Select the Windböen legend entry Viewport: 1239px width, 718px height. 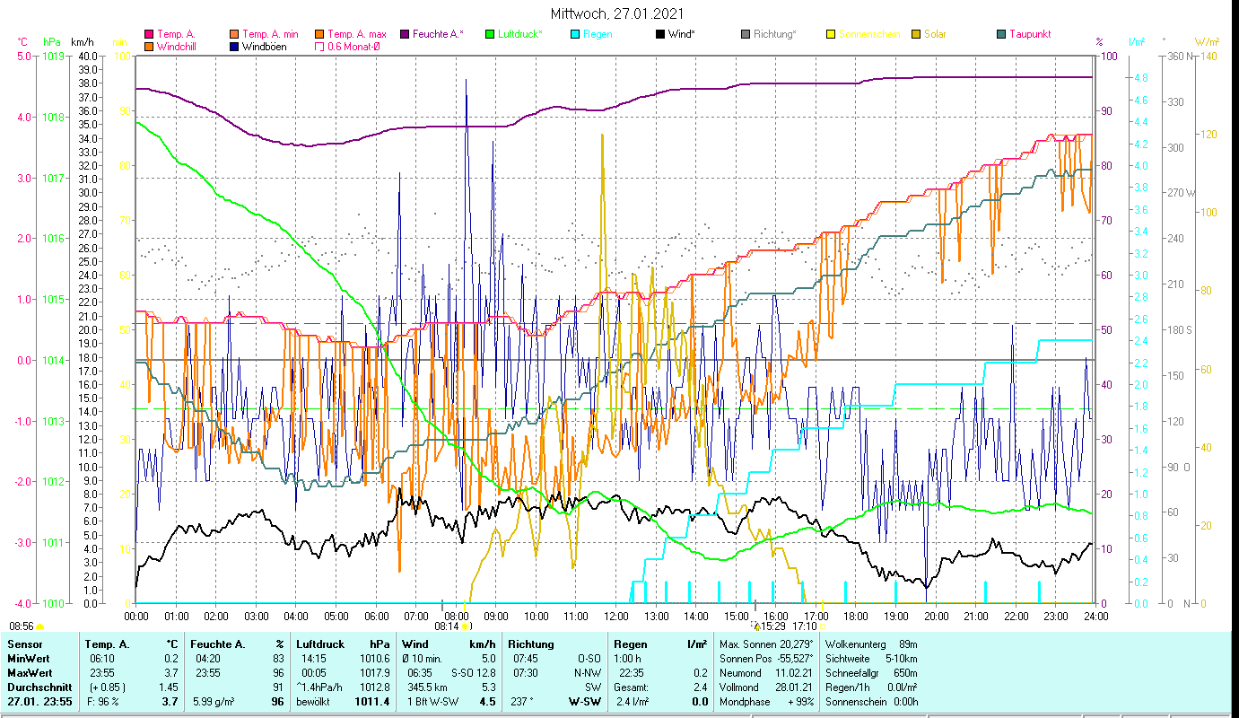(x=265, y=46)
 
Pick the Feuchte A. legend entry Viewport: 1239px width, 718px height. (x=438, y=34)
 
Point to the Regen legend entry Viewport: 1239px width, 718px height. (x=598, y=34)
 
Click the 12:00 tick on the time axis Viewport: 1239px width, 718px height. (x=616, y=616)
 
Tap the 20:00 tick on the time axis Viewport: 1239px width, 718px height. (x=936, y=616)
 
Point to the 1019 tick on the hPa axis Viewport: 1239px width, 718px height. (x=52, y=57)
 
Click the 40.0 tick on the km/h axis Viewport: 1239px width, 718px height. (x=88, y=57)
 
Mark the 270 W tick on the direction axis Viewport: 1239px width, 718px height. (x=1178, y=193)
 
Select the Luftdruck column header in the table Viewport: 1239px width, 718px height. (x=321, y=644)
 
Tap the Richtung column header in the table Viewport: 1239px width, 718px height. (x=531, y=644)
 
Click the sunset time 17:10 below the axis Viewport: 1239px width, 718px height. (x=804, y=626)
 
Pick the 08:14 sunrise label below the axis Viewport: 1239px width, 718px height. (x=445, y=626)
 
